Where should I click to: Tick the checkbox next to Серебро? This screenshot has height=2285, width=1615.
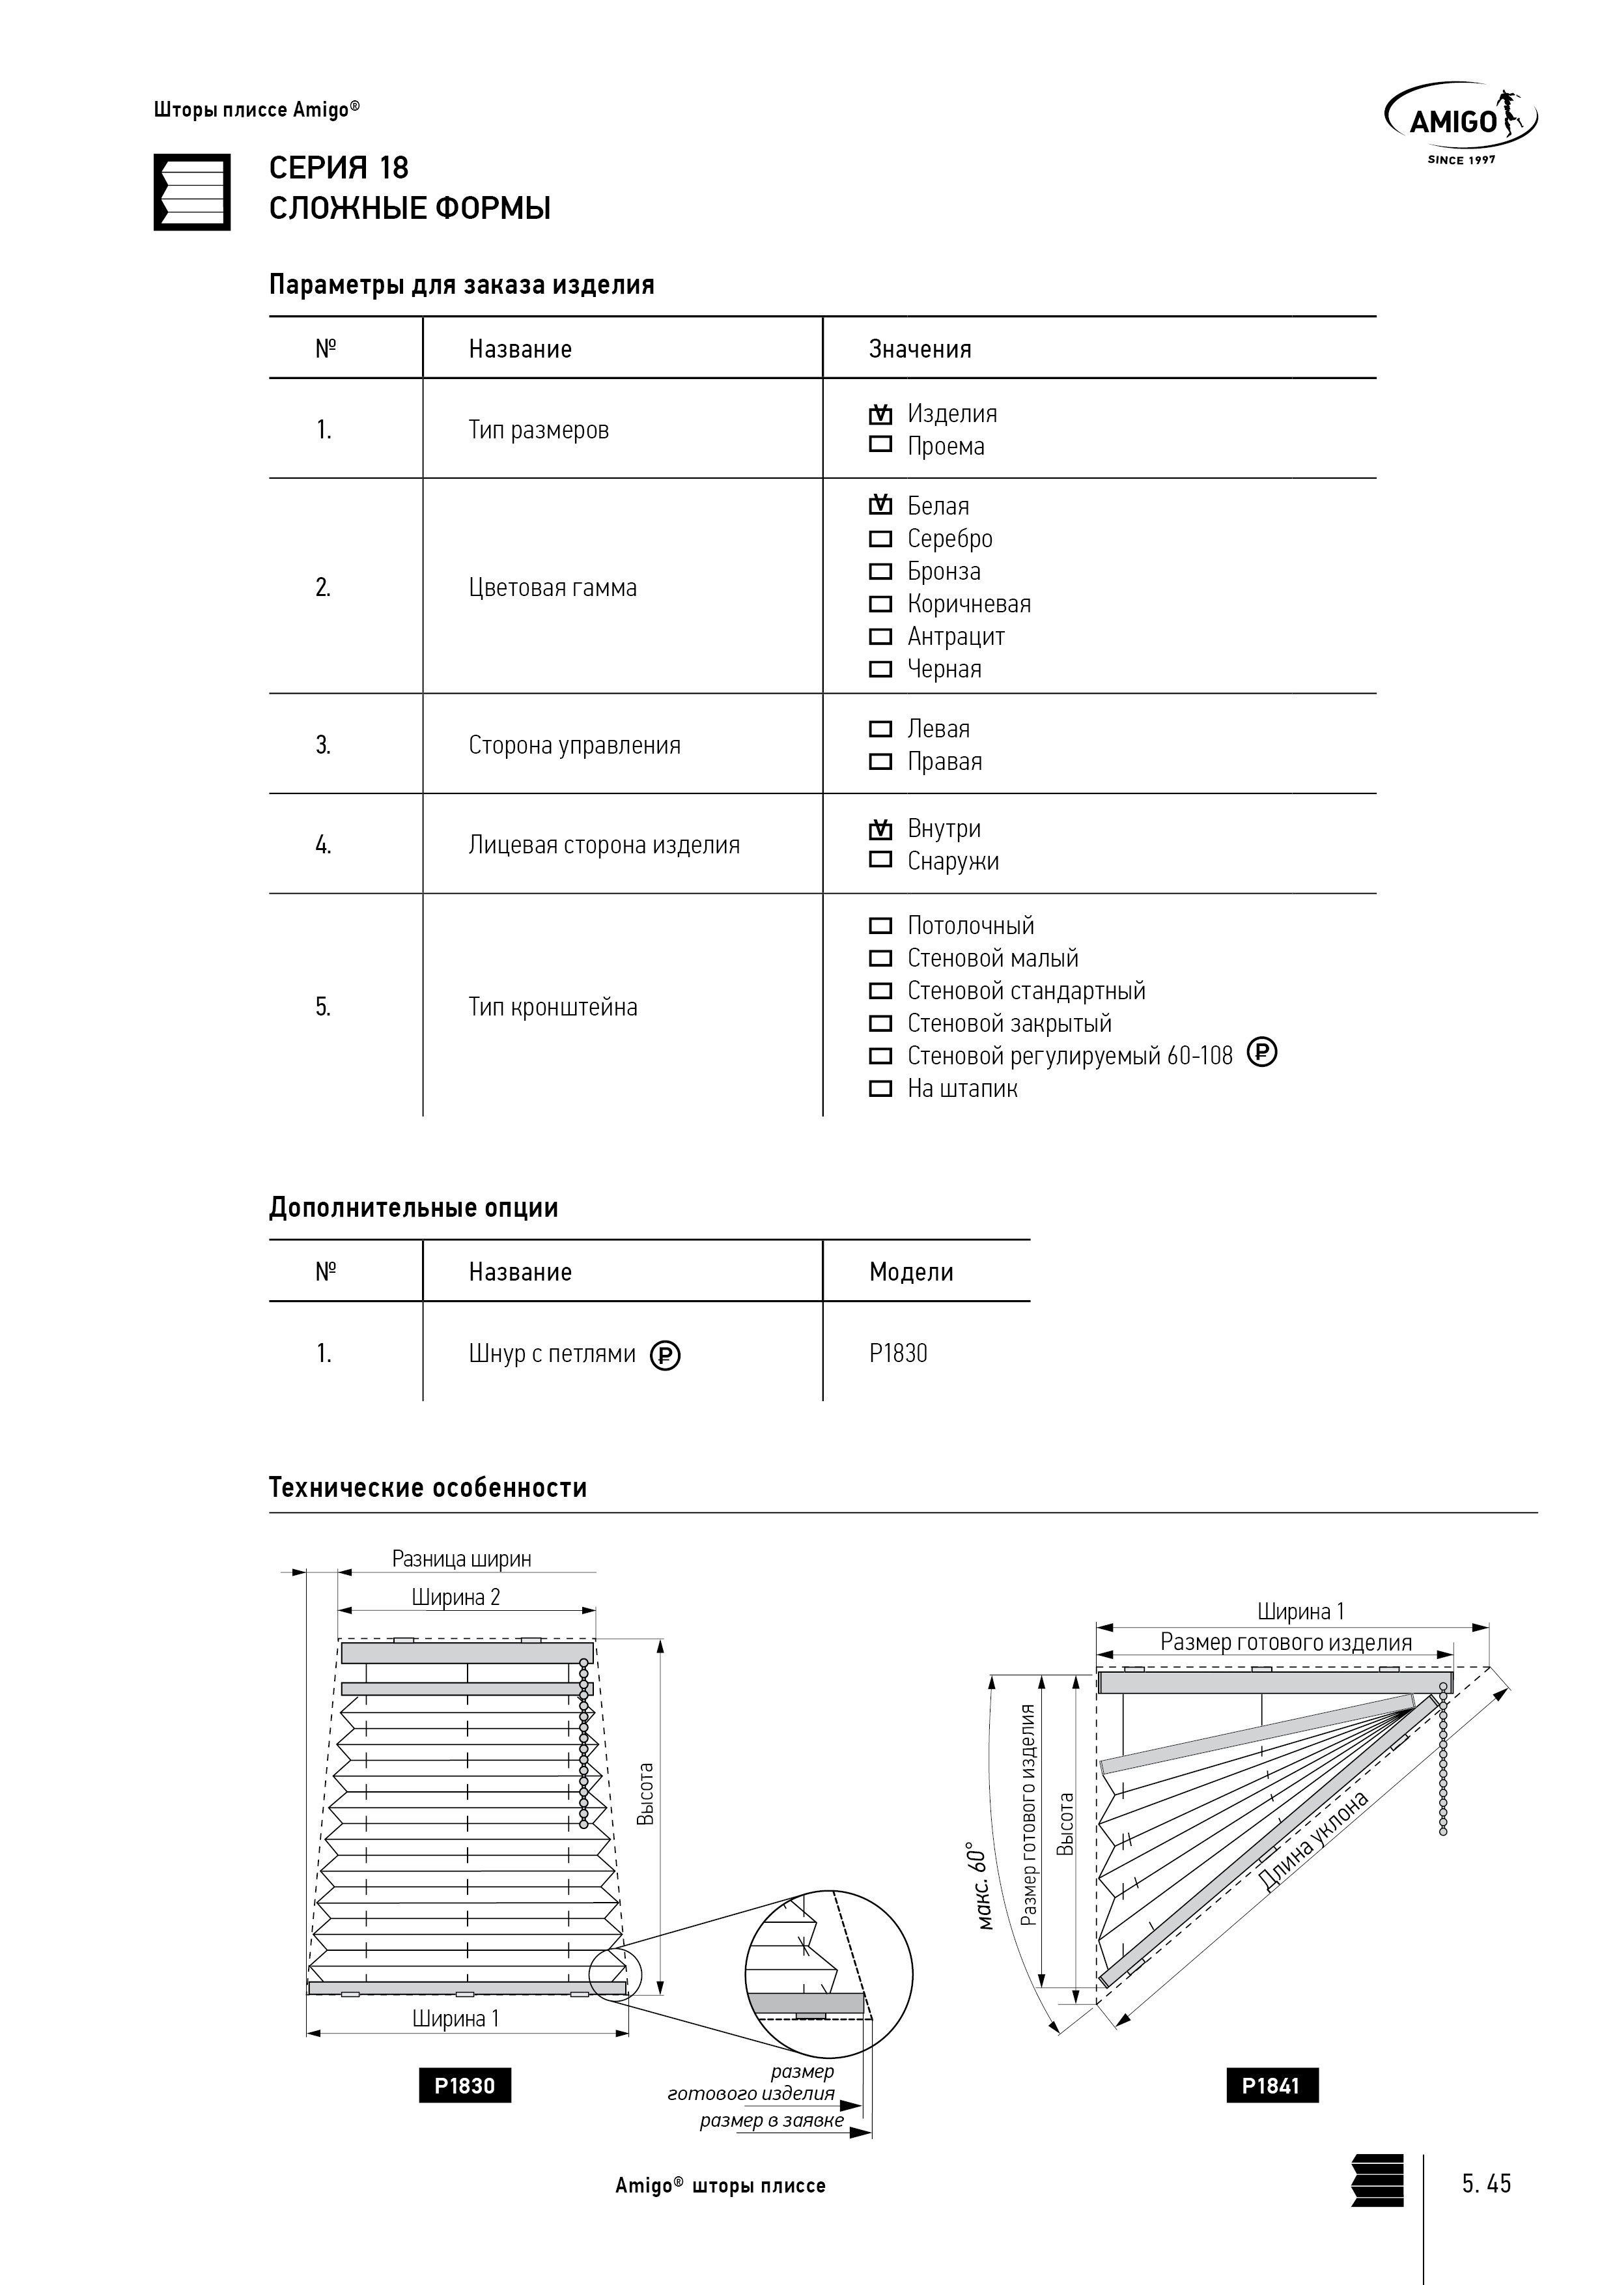click(x=880, y=539)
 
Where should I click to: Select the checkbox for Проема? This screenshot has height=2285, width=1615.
click(x=880, y=445)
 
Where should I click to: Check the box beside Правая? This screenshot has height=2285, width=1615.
click(x=880, y=761)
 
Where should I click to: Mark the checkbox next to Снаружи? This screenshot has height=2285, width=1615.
click(x=880, y=860)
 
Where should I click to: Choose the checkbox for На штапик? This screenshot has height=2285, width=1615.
click(x=880, y=1088)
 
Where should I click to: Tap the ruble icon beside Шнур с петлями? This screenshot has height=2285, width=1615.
click(x=665, y=1355)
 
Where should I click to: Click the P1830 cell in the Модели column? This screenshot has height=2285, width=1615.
click(x=897, y=1354)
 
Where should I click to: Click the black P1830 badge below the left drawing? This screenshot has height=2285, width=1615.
click(x=465, y=2086)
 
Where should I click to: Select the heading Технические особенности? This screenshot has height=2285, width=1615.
click(x=428, y=1488)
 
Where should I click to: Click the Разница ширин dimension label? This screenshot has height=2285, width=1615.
click(x=462, y=1559)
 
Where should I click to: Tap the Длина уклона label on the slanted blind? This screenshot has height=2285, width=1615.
click(x=1313, y=1841)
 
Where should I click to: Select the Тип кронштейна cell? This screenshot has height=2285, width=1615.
click(x=554, y=1007)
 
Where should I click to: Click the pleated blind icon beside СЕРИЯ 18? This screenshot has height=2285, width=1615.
click(x=192, y=192)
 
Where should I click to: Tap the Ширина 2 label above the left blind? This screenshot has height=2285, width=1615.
click(x=456, y=1597)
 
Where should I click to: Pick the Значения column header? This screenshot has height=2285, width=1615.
click(x=920, y=349)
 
